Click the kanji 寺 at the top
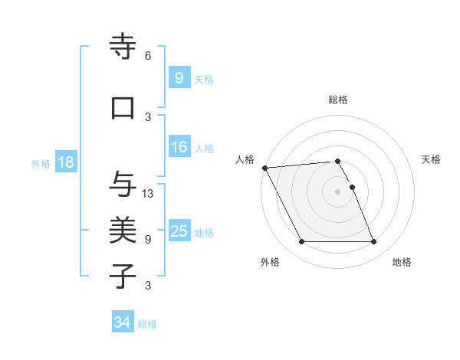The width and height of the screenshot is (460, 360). [x=123, y=47]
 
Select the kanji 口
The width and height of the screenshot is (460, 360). [x=123, y=108]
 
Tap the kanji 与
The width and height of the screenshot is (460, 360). [x=123, y=184]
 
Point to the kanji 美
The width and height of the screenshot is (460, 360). [x=123, y=230]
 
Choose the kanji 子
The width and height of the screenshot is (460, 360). [x=123, y=276]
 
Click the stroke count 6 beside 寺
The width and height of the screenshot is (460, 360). [x=148, y=56]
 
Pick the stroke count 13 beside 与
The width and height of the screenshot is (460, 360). [x=149, y=193]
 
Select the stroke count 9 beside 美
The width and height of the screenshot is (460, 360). [x=148, y=239]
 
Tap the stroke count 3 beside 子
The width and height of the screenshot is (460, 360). [x=148, y=286]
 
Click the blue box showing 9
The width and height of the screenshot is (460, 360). [x=179, y=77]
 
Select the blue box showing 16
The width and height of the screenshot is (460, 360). [x=179, y=147]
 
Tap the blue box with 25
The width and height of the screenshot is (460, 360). [x=179, y=231]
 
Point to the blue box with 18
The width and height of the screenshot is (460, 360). [x=65, y=162]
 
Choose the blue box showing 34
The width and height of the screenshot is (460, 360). [x=122, y=322]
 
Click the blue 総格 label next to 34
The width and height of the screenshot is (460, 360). [x=147, y=324]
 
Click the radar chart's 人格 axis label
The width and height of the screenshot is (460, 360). [x=245, y=159]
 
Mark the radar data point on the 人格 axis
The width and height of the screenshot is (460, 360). [x=264, y=168]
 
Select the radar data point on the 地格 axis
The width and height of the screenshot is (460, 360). [x=373, y=242]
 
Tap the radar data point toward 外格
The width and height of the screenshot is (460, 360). [x=301, y=242]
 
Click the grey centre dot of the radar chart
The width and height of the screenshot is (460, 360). [x=337, y=191]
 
